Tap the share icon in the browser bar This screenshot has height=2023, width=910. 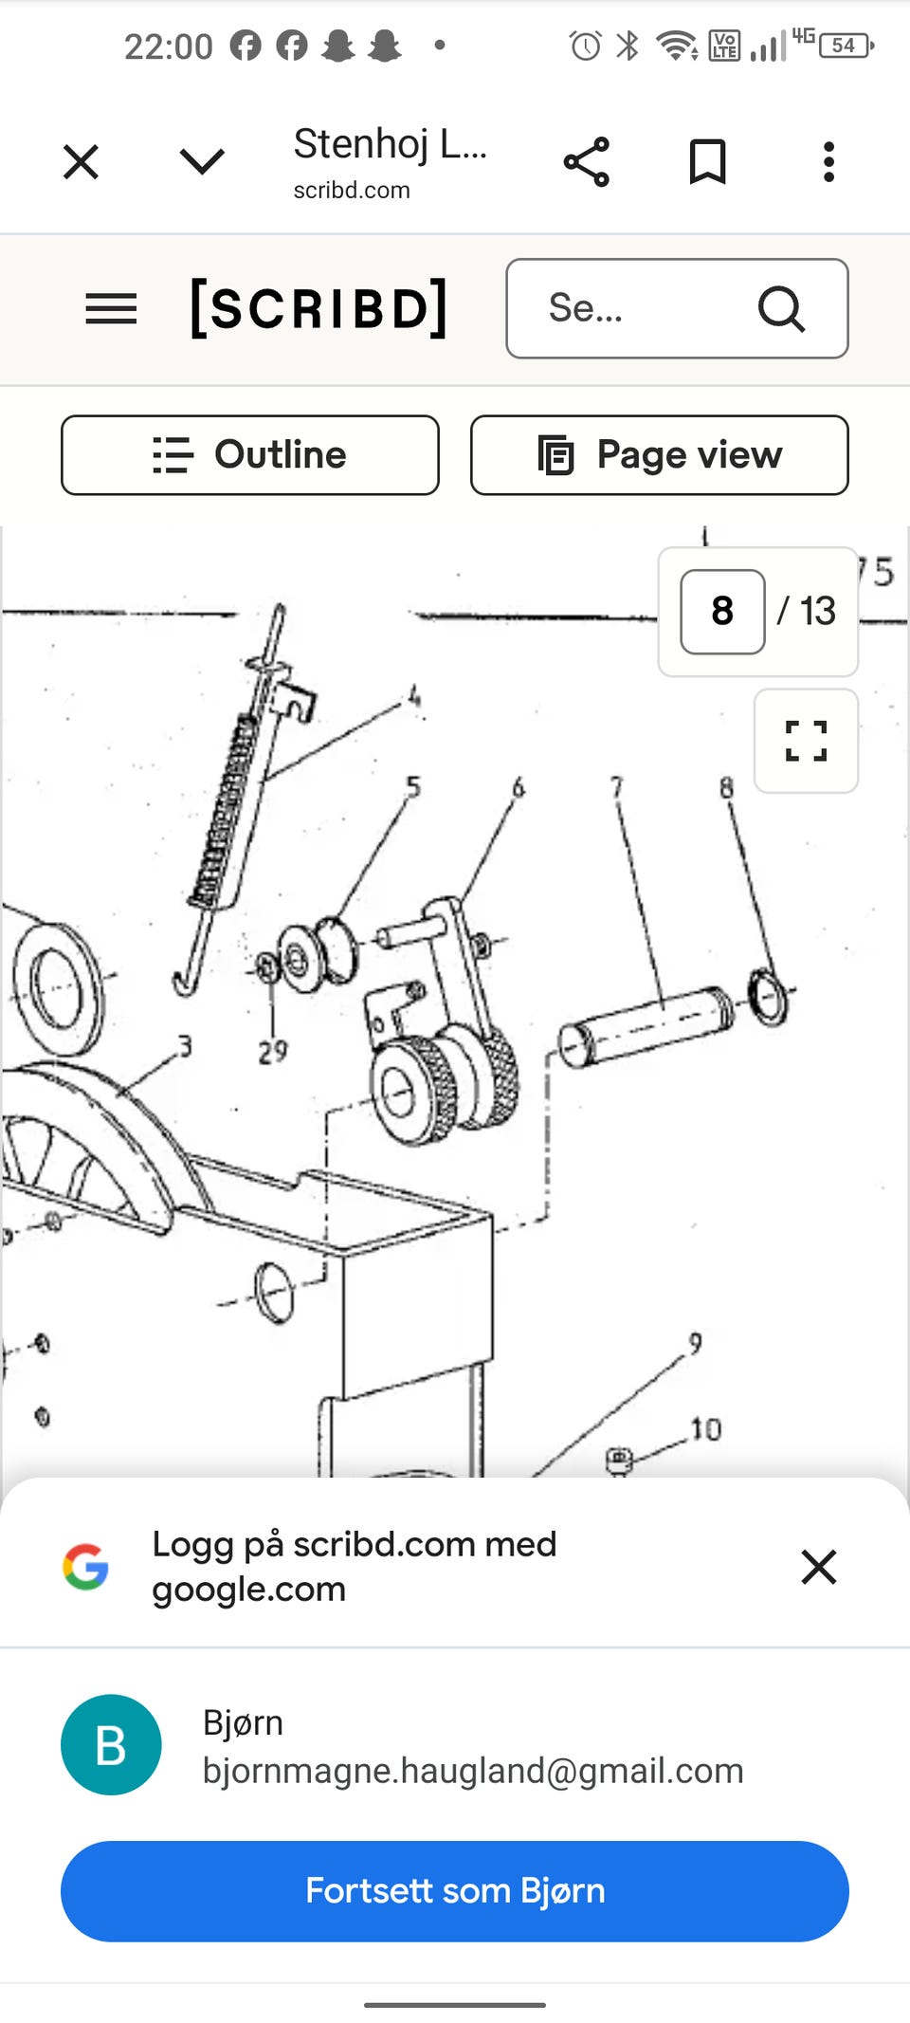587,162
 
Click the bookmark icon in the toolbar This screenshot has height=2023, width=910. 707,161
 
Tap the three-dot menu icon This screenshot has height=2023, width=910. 828,162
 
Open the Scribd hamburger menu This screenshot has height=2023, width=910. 111,309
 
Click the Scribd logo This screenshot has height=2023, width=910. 318,308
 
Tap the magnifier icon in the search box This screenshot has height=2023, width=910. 781,308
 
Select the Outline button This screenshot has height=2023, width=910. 250,455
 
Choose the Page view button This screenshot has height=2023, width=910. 660,455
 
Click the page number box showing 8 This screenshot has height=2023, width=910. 722,612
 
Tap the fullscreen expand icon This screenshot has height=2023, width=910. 807,741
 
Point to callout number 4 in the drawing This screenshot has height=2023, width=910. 414,697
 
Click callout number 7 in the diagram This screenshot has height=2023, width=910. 617,787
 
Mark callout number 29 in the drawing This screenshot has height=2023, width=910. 273,1052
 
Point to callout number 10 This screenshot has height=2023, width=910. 706,1429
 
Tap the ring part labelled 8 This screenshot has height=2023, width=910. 768,996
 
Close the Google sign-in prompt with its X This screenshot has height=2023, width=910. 819,1567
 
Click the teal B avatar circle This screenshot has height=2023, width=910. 111,1745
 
